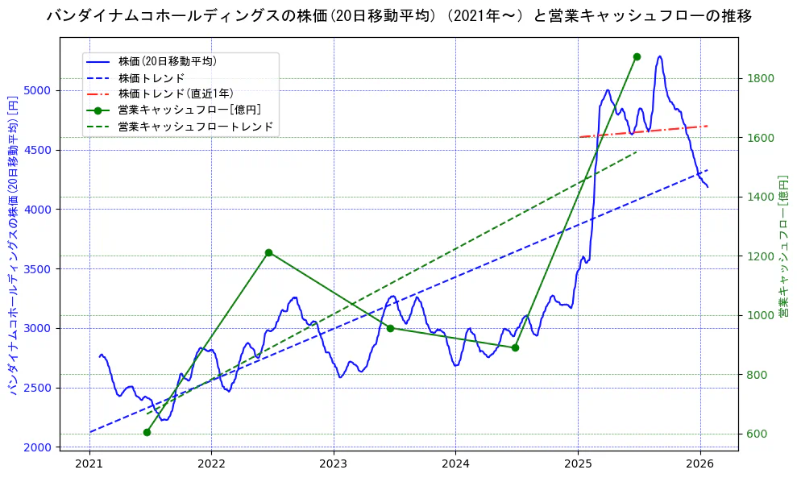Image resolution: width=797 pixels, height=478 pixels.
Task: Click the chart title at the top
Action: [x=399, y=16]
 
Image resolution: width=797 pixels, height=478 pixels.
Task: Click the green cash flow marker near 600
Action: [x=147, y=432]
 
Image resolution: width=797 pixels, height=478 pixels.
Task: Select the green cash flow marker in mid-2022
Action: [x=268, y=252]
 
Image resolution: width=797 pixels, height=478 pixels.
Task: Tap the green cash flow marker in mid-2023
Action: [x=390, y=328]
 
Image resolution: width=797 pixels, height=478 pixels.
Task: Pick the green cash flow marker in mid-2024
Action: [x=515, y=347]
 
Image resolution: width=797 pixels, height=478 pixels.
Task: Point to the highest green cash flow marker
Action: [x=637, y=56]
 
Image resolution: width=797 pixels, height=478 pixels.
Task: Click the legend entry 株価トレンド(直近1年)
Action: [x=176, y=94]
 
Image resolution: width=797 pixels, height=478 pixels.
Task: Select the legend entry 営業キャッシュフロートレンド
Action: [x=196, y=127]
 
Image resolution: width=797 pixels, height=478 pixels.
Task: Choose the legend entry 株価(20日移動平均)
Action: [x=167, y=60]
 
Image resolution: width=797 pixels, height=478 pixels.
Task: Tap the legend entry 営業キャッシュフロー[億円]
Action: [x=189, y=110]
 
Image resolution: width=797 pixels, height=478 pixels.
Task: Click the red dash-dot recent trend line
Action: [x=645, y=131]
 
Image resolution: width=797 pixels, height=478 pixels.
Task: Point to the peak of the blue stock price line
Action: [x=660, y=56]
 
